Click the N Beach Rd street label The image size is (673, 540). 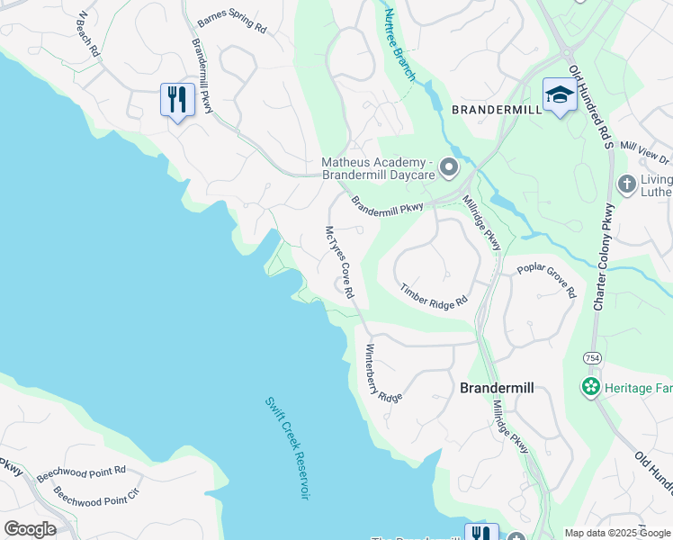[x=87, y=35]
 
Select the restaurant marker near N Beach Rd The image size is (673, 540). [x=176, y=98]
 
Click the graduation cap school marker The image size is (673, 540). [x=559, y=94]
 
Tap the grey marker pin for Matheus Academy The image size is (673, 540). [x=448, y=167]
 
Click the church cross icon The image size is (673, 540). [x=627, y=184]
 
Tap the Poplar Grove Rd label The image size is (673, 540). [x=546, y=280]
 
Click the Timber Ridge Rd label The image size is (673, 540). [x=435, y=295]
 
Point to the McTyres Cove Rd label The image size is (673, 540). [x=339, y=262]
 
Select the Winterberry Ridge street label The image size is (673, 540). [x=383, y=373]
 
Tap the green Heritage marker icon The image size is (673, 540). [x=590, y=387]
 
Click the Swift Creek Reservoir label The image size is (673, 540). [x=288, y=448]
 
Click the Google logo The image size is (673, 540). [x=30, y=528]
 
